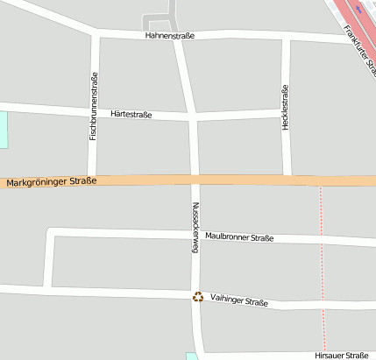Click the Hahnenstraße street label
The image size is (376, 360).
(x=169, y=36)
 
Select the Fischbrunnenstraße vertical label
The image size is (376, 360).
(x=94, y=109)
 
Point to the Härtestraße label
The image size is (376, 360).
(x=131, y=114)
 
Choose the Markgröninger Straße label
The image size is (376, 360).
(x=49, y=182)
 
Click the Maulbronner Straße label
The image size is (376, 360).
(x=239, y=237)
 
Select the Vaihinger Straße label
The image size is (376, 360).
(x=239, y=301)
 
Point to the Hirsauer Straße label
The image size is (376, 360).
(x=341, y=356)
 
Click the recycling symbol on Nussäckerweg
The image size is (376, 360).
(x=198, y=297)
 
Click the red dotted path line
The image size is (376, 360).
(x=322, y=263)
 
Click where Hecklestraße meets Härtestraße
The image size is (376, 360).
(x=286, y=114)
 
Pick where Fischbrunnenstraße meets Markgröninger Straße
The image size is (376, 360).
(x=91, y=180)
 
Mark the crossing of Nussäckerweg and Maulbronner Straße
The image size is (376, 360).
(x=196, y=234)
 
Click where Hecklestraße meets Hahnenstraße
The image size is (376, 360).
(x=287, y=38)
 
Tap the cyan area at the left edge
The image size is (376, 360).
(x=3, y=129)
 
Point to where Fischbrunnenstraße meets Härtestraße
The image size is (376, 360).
(x=93, y=110)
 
